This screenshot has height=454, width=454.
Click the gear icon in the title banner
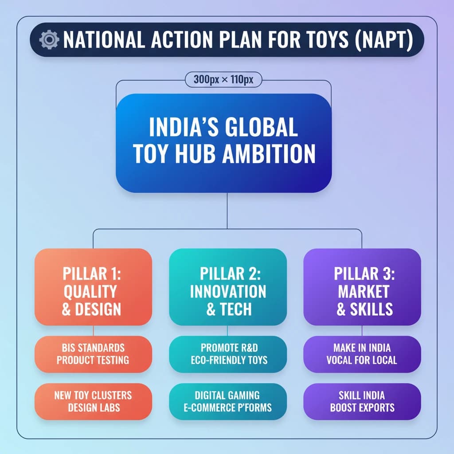click(49, 39)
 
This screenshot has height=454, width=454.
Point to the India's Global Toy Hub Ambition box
click(223, 143)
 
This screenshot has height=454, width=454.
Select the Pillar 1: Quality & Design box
click(93, 287)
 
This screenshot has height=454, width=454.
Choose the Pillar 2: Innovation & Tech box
click(228, 287)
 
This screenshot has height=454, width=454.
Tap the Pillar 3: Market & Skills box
click(362, 287)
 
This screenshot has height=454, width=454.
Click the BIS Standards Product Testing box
click(93, 354)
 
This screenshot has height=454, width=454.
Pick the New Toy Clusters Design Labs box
click(93, 402)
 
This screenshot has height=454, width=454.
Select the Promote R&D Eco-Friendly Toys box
click(228, 354)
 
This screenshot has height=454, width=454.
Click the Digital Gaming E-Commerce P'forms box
click(228, 402)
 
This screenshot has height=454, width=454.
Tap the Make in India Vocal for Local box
click(362, 354)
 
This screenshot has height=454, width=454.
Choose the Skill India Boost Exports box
click(362, 402)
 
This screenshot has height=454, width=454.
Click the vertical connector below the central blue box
click(227, 211)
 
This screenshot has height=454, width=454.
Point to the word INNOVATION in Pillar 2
click(228, 292)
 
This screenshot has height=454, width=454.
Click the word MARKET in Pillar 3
click(364, 292)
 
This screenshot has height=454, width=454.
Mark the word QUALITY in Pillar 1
click(90, 292)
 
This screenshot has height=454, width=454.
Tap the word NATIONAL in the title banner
click(104, 39)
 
